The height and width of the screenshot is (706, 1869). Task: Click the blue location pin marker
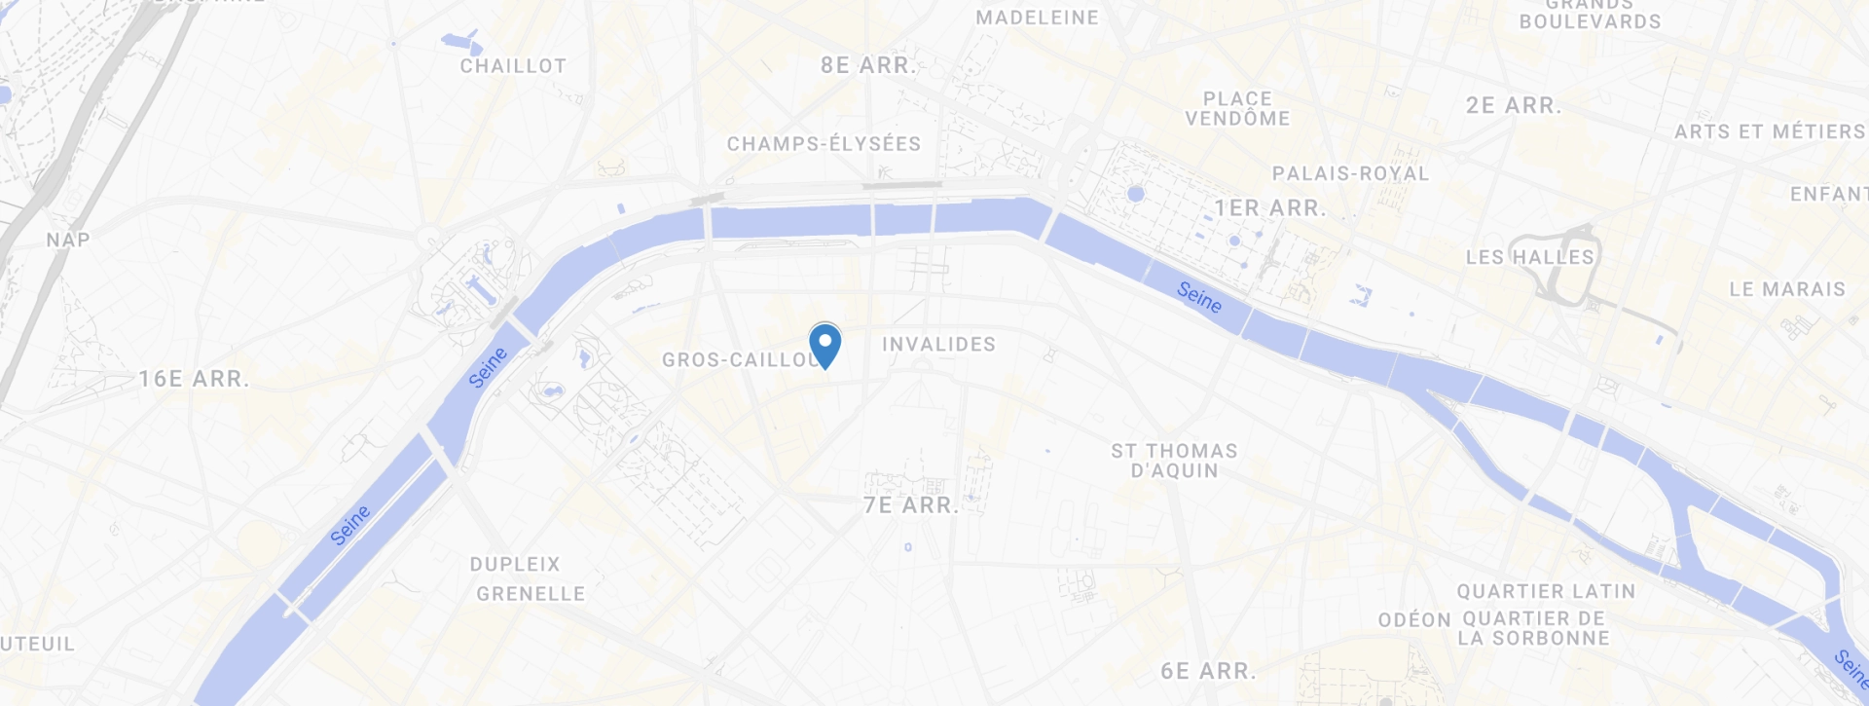click(825, 344)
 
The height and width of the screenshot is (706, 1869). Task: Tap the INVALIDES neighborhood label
click(938, 345)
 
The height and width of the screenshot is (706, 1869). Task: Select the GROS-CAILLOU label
click(738, 360)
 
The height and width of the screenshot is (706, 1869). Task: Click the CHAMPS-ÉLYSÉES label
click(824, 144)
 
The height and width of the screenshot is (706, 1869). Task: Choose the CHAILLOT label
click(513, 66)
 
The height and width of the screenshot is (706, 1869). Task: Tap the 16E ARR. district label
click(194, 379)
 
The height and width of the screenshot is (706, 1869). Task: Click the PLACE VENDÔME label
click(1237, 109)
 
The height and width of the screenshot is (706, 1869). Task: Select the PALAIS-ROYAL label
click(1350, 173)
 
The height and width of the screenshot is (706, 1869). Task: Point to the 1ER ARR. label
click(1269, 208)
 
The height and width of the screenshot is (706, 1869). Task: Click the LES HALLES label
click(1529, 257)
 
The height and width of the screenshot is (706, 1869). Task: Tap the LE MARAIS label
click(1787, 289)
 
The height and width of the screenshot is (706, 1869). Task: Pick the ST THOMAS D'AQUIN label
click(1174, 461)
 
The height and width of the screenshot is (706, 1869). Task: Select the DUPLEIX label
click(515, 565)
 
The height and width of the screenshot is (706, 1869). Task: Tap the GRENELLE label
click(531, 594)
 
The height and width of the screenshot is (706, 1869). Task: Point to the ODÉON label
click(1414, 620)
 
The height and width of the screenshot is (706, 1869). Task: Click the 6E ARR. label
click(1208, 671)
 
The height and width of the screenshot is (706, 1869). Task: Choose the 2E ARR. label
click(1514, 105)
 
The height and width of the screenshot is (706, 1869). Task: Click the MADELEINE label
click(1037, 18)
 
